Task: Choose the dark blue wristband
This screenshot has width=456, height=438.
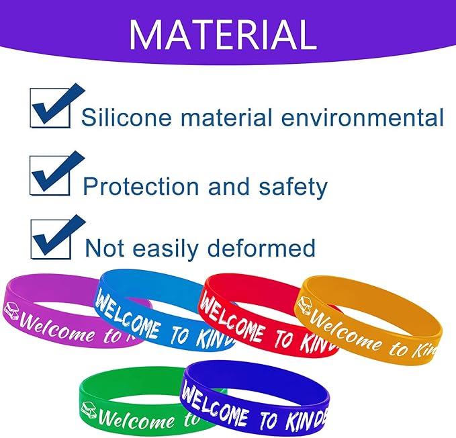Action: [x=269, y=410]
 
